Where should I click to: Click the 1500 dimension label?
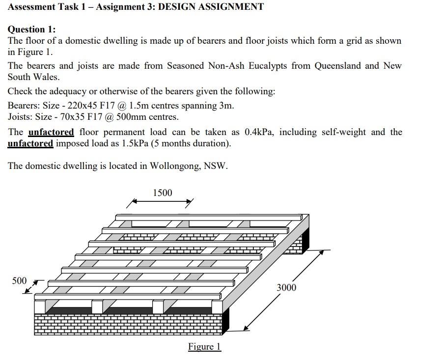(x=163, y=193)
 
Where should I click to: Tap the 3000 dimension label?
(x=286, y=287)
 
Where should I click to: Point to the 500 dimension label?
(x=19, y=281)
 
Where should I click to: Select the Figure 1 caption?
(x=204, y=347)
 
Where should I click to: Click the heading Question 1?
(x=31, y=29)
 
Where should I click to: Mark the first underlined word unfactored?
(x=51, y=132)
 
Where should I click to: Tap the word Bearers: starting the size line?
(x=24, y=106)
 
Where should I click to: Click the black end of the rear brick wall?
(x=305, y=238)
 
